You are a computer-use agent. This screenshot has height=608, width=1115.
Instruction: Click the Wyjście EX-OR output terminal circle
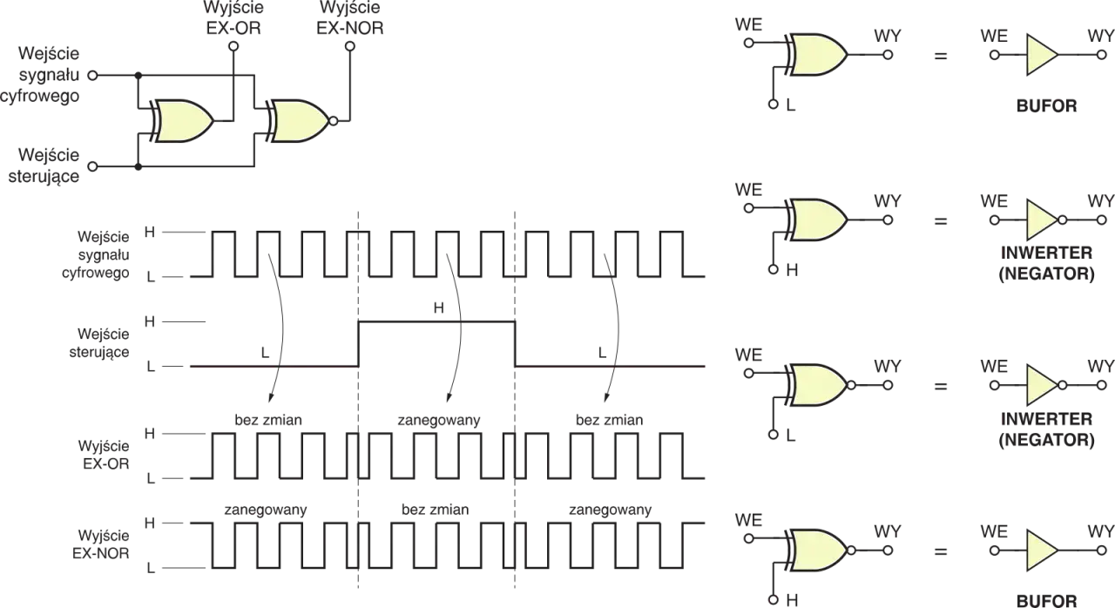coord(233,46)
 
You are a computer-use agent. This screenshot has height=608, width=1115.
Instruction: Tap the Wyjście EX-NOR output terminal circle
coord(350,46)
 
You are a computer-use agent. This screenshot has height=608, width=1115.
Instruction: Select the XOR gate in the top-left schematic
coord(182,121)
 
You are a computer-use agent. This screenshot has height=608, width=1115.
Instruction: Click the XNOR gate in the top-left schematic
coord(297,121)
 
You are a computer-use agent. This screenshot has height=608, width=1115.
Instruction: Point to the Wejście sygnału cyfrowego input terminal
coord(92,76)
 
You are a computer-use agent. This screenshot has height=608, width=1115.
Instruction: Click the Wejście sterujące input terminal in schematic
coord(92,166)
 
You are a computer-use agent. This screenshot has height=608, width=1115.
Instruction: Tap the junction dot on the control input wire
coord(139,166)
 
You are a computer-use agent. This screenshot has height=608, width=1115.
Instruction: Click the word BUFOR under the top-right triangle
coord(1046,106)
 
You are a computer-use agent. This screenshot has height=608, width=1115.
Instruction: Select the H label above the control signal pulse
coord(438,308)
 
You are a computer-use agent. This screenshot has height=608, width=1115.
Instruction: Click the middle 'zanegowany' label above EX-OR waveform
coord(439,421)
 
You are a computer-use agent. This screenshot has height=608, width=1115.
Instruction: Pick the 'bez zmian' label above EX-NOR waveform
coord(435,510)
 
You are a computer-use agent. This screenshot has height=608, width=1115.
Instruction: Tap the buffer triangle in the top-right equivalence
coord(1040,55)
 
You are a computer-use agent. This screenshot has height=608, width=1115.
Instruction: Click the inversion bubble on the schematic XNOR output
coord(334,121)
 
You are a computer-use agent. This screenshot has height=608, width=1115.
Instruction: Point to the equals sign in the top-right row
coord(940,55)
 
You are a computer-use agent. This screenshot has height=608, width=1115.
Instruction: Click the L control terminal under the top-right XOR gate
coord(773,104)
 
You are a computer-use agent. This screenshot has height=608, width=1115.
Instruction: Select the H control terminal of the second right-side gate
coord(773,269)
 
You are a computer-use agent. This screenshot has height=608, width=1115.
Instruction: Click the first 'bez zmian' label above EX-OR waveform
coord(268,420)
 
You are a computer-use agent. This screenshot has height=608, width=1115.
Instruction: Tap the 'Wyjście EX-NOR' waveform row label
coord(101,544)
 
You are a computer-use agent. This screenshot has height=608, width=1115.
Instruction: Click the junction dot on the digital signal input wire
coord(139,76)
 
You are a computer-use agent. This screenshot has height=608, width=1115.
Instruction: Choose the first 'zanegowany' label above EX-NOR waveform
coord(266,510)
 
